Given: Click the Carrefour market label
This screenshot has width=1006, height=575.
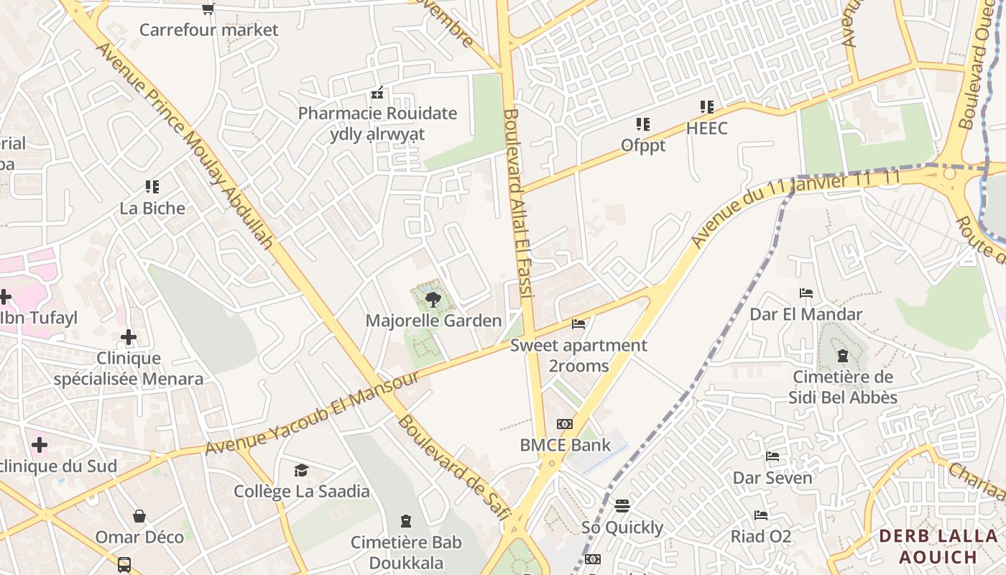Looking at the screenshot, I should coord(208,29).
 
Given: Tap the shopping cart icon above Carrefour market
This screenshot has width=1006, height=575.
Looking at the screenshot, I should coord(208,9).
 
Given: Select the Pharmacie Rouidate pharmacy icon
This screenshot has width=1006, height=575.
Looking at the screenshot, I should coord(377,93).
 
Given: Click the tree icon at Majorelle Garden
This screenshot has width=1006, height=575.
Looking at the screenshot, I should coord(433,300).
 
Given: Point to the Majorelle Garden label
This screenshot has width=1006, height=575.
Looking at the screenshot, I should coord(433,321).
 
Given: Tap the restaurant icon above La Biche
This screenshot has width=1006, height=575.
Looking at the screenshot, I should coord(152,188).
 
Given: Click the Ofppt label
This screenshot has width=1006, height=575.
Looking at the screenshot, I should coord(643,145).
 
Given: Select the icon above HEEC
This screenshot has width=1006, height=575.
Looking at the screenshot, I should coord(707,108).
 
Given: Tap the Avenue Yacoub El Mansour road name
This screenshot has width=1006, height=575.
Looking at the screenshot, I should coord(312,413).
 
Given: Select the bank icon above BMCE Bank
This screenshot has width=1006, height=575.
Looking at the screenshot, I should coord(565,424).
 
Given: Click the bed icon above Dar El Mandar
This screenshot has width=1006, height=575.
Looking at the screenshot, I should coord(806,293).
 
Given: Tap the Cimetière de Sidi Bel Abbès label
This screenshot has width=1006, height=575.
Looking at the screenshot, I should coord(843,387).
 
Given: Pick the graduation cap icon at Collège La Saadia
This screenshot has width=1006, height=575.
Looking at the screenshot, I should coord(301,471).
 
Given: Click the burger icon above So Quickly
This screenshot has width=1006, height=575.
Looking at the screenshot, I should coord(622,506).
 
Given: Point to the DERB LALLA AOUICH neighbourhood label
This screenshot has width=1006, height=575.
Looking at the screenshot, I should coord(938,546).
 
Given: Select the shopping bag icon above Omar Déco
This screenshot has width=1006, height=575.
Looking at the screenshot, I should coord(139,516).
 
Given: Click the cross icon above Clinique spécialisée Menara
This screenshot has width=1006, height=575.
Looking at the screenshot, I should coord(129,337).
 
